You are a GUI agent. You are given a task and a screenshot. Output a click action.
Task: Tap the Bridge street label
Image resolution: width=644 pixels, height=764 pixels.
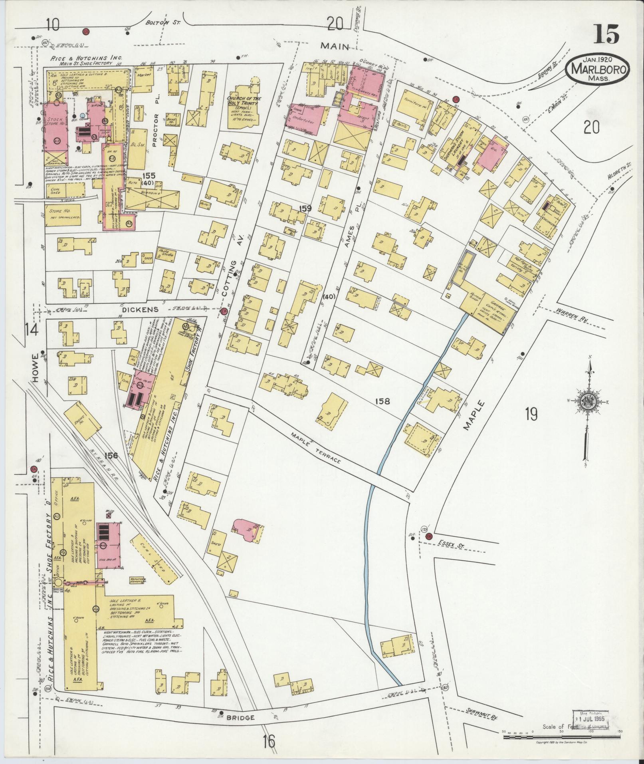(241, 718)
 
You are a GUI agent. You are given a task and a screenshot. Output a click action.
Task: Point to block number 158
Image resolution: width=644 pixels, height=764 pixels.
(382, 401)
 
